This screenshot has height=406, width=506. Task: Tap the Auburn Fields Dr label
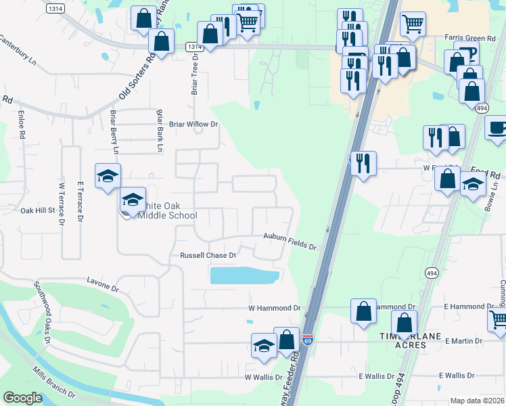click(x=290, y=242)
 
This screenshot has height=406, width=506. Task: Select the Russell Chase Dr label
click(x=208, y=256)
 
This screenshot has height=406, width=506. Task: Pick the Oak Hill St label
click(x=37, y=210)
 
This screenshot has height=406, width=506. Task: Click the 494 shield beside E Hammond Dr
click(x=431, y=272)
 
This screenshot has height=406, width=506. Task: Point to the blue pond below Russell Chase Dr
click(x=244, y=275)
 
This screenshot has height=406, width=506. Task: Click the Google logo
click(x=22, y=398)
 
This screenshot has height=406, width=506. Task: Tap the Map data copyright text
click(x=477, y=401)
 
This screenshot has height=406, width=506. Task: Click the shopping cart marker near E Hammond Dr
click(x=498, y=317)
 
